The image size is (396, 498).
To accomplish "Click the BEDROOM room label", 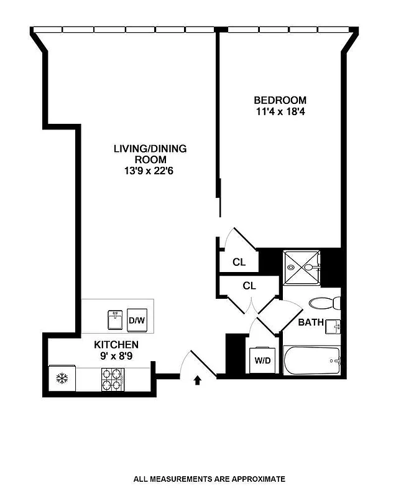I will [x=280, y=100].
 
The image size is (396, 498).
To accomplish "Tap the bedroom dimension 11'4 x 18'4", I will [x=280, y=112].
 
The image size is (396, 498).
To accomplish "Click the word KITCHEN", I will [x=116, y=344].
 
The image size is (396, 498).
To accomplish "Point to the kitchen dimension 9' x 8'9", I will [x=116, y=355].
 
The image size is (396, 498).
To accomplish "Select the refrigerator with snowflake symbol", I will [x=62, y=378].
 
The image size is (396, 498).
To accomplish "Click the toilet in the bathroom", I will [x=325, y=304].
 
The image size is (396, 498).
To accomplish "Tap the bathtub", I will [x=311, y=361].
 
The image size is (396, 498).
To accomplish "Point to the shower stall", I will [x=302, y=267].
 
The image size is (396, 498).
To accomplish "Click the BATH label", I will [x=310, y=322].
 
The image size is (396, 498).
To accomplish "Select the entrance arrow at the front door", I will [x=198, y=379].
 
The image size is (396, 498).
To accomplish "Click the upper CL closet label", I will [x=239, y=262].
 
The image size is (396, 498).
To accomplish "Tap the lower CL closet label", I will [x=249, y=286].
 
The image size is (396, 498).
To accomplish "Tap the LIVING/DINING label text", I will [x=150, y=149].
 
